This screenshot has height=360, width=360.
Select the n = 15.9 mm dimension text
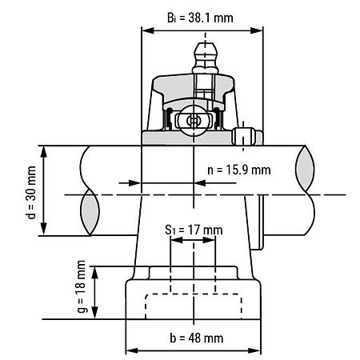(238, 170)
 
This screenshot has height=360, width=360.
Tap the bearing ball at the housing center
(193, 120)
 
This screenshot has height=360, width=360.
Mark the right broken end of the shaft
(306, 191)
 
